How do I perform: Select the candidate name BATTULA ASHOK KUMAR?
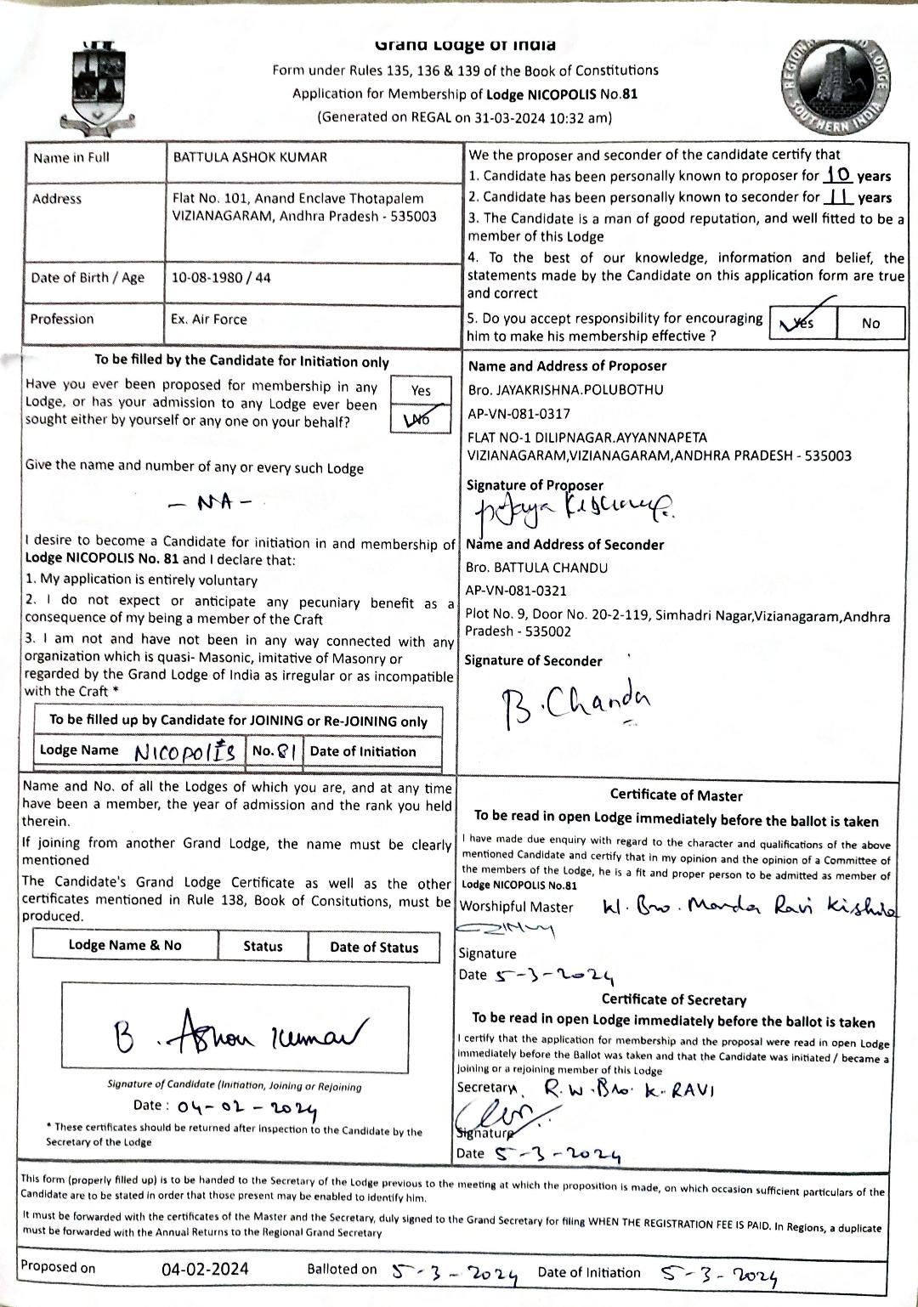pos(250,157)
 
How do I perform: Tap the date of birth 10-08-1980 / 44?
pos(221,278)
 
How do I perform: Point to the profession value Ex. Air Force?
pos(208,320)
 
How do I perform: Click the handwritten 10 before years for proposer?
pos(838,175)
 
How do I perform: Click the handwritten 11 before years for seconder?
pos(840,197)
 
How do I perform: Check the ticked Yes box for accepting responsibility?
pos(802,323)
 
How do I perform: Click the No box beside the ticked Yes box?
pos(870,323)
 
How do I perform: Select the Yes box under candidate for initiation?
pos(421,391)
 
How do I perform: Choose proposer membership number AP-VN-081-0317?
pos(519,414)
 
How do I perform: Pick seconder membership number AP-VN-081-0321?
pos(516,591)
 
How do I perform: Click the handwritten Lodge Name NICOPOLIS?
pos(185,751)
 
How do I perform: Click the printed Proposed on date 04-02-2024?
pos(205,1269)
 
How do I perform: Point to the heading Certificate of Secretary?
pos(674,1000)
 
